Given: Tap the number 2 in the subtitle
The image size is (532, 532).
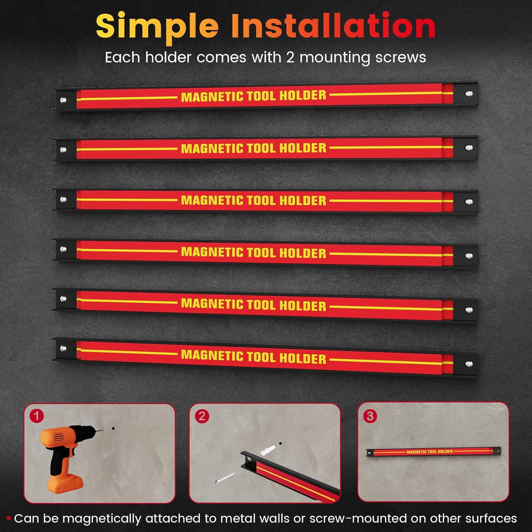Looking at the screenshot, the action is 290,57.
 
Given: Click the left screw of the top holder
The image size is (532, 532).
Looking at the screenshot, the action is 63,100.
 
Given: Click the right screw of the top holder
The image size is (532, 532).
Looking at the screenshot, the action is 469,94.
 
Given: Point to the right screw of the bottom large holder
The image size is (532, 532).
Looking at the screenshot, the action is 469,364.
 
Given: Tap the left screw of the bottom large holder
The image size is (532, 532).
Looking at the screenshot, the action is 63,349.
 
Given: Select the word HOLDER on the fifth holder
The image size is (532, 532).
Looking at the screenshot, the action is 303,306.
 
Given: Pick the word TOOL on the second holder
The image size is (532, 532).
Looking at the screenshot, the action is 261,148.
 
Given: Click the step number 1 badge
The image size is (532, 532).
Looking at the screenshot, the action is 37,416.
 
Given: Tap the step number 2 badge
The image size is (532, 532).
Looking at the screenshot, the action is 202,416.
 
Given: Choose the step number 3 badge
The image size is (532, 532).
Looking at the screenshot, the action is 370,416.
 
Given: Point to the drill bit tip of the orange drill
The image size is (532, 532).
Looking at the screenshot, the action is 103,431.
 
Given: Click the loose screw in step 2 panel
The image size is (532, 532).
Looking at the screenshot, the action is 225,477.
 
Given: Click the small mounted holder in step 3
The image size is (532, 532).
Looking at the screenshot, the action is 433,451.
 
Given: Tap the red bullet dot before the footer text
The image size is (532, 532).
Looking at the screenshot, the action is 9,519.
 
